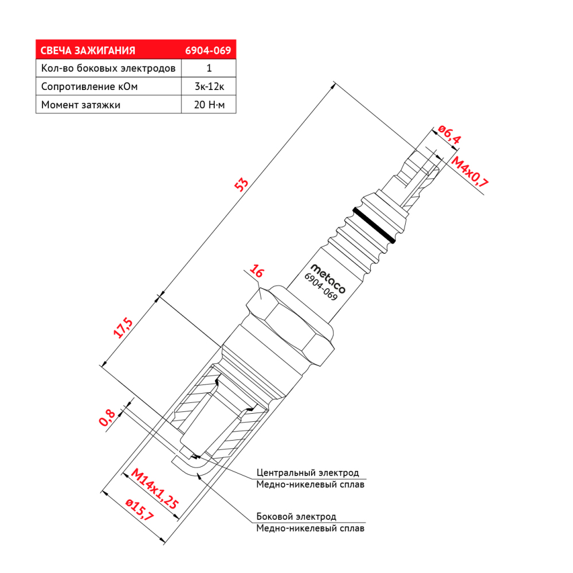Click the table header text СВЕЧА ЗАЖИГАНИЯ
[88, 50]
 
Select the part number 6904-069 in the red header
[208, 50]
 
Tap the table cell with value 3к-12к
[209, 87]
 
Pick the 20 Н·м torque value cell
[209, 105]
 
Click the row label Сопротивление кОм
[89, 87]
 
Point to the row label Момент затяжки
[81, 105]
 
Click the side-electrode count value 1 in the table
[209, 68]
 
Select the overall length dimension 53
[241, 185]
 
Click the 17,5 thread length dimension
[123, 328]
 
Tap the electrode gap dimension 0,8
[108, 417]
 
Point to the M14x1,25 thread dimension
[155, 489]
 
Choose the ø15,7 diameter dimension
[140, 510]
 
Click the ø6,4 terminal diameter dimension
[449, 134]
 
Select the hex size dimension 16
[257, 271]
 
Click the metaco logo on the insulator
[328, 279]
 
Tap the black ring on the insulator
[374, 225]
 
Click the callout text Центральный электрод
[308, 473]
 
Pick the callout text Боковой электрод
[296, 517]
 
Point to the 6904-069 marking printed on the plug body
[321, 287]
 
